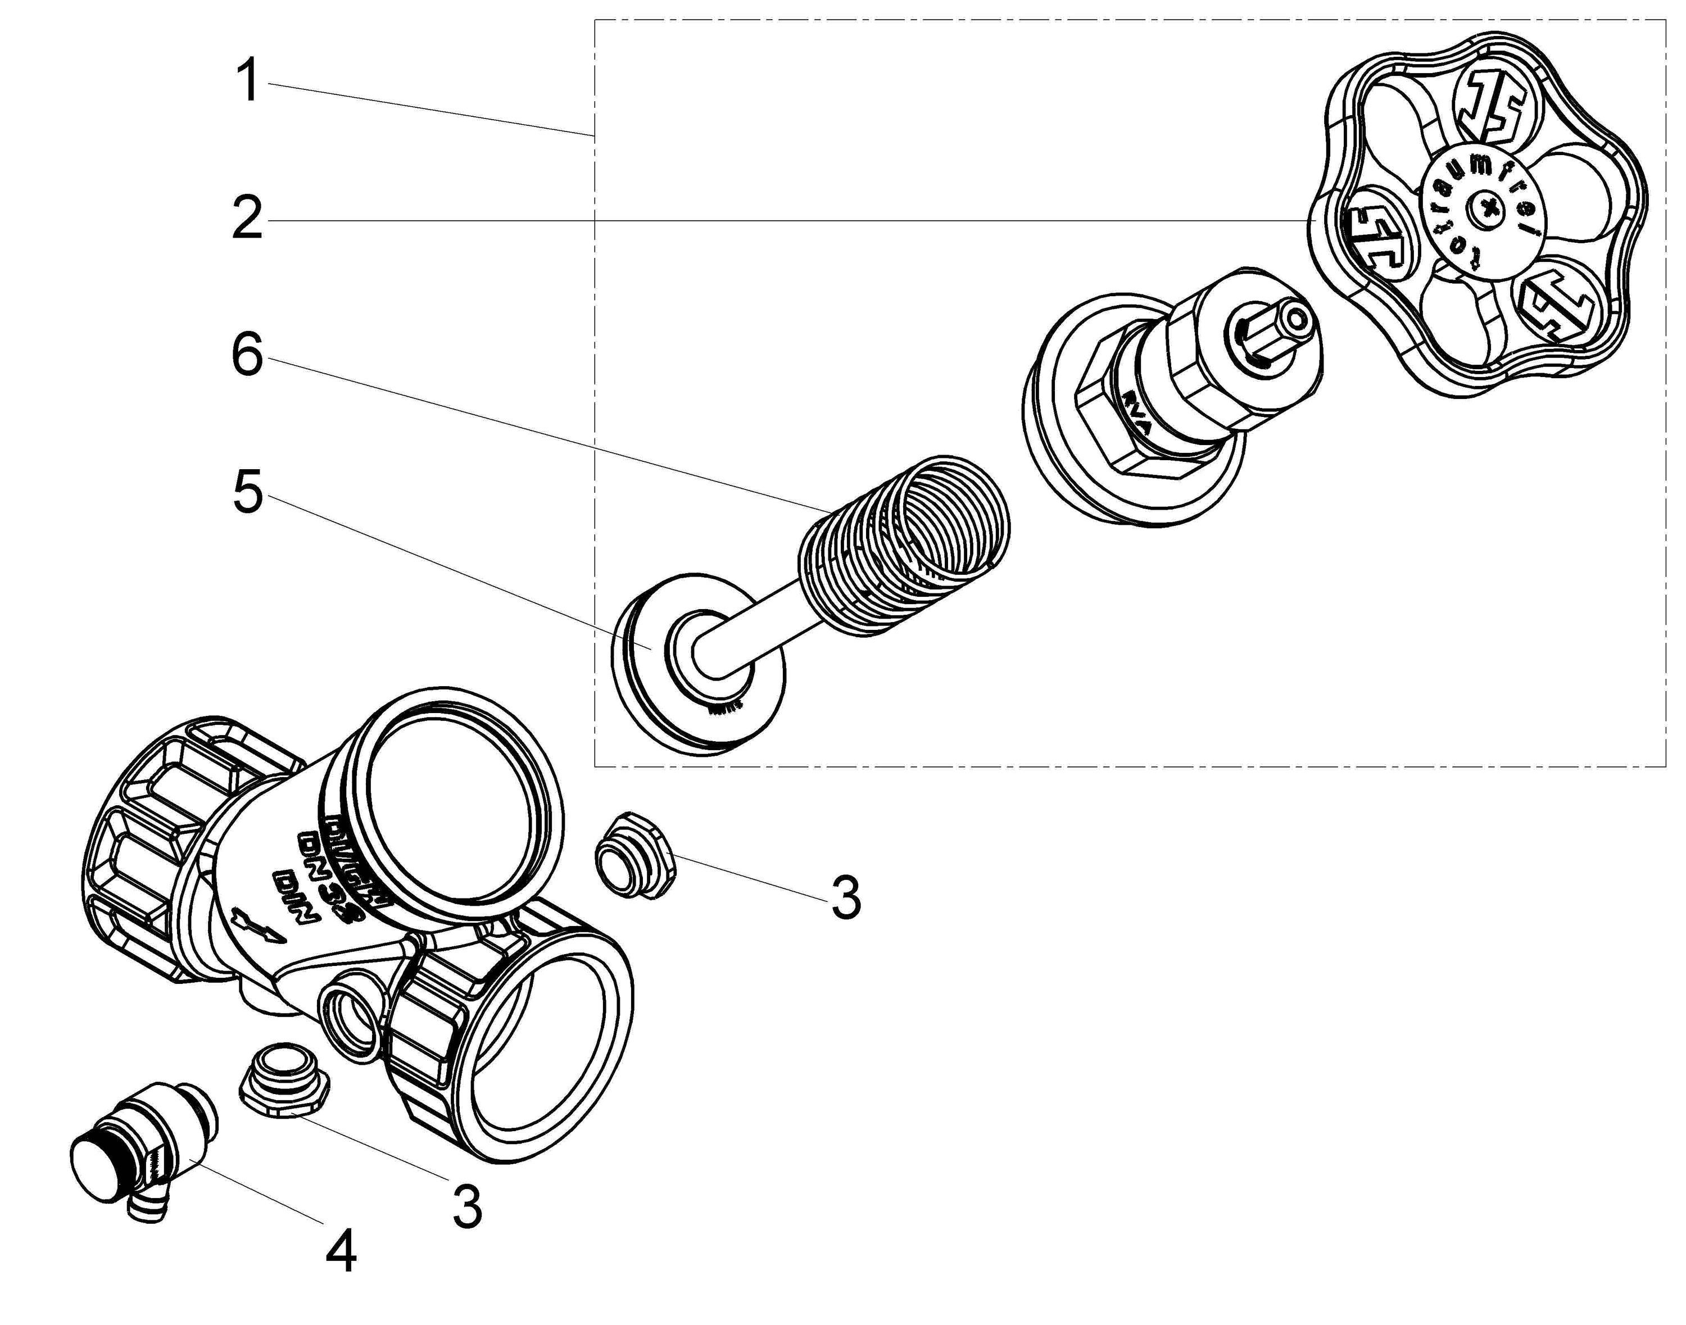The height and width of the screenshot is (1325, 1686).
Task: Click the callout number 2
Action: coord(248,218)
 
